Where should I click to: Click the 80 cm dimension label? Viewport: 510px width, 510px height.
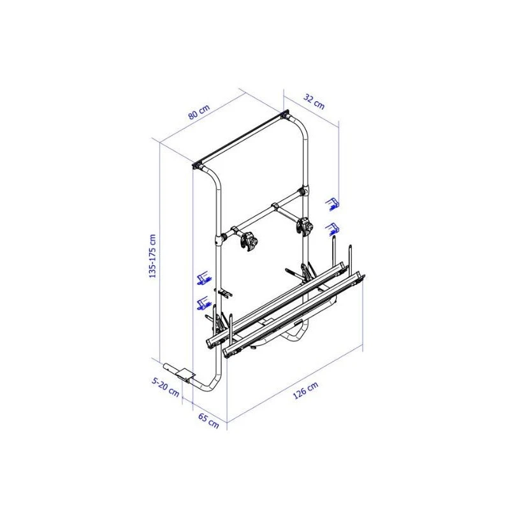[x=199, y=112]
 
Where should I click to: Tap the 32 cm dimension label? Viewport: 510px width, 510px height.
[x=314, y=101]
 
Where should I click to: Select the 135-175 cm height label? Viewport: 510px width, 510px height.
[x=152, y=256]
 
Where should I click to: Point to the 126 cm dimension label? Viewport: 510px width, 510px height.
[x=305, y=390]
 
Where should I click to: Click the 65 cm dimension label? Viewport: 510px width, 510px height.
[x=208, y=421]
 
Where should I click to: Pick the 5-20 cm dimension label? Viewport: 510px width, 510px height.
[x=166, y=387]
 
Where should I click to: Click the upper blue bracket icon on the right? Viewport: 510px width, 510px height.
[x=332, y=204]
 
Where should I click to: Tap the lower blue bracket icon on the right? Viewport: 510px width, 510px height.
[x=332, y=229]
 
